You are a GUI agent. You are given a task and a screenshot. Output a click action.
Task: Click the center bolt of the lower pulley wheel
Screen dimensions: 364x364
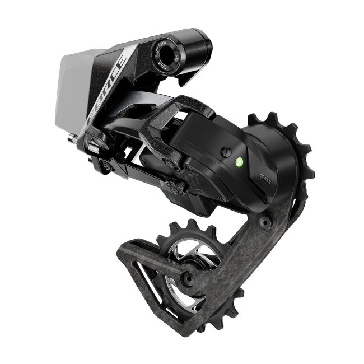pos(190,276)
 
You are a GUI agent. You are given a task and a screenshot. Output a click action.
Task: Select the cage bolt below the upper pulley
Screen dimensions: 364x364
pos(268,223)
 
